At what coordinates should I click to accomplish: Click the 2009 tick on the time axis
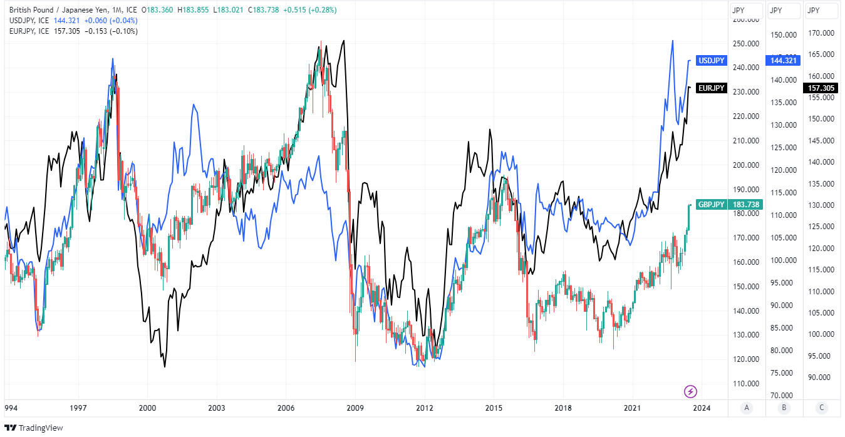(355, 408)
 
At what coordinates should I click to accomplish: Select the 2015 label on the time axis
(494, 408)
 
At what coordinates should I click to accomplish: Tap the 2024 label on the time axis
(702, 408)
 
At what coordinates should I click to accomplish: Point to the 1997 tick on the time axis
(78, 408)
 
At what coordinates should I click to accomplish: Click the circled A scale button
(745, 408)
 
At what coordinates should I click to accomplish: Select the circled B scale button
(784, 408)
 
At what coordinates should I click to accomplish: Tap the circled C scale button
(822, 408)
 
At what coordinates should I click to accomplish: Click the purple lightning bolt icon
(690, 392)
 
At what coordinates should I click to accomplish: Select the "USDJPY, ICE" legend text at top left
(29, 21)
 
